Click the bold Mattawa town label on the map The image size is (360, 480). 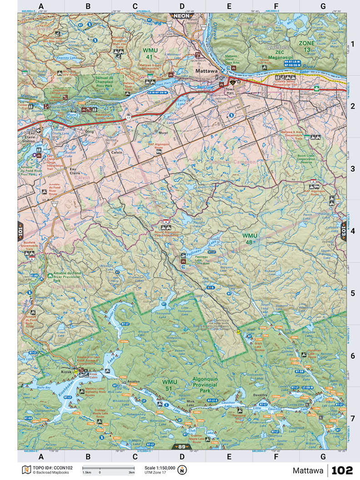pos(207,71)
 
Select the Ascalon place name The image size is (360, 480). pos(133,380)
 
